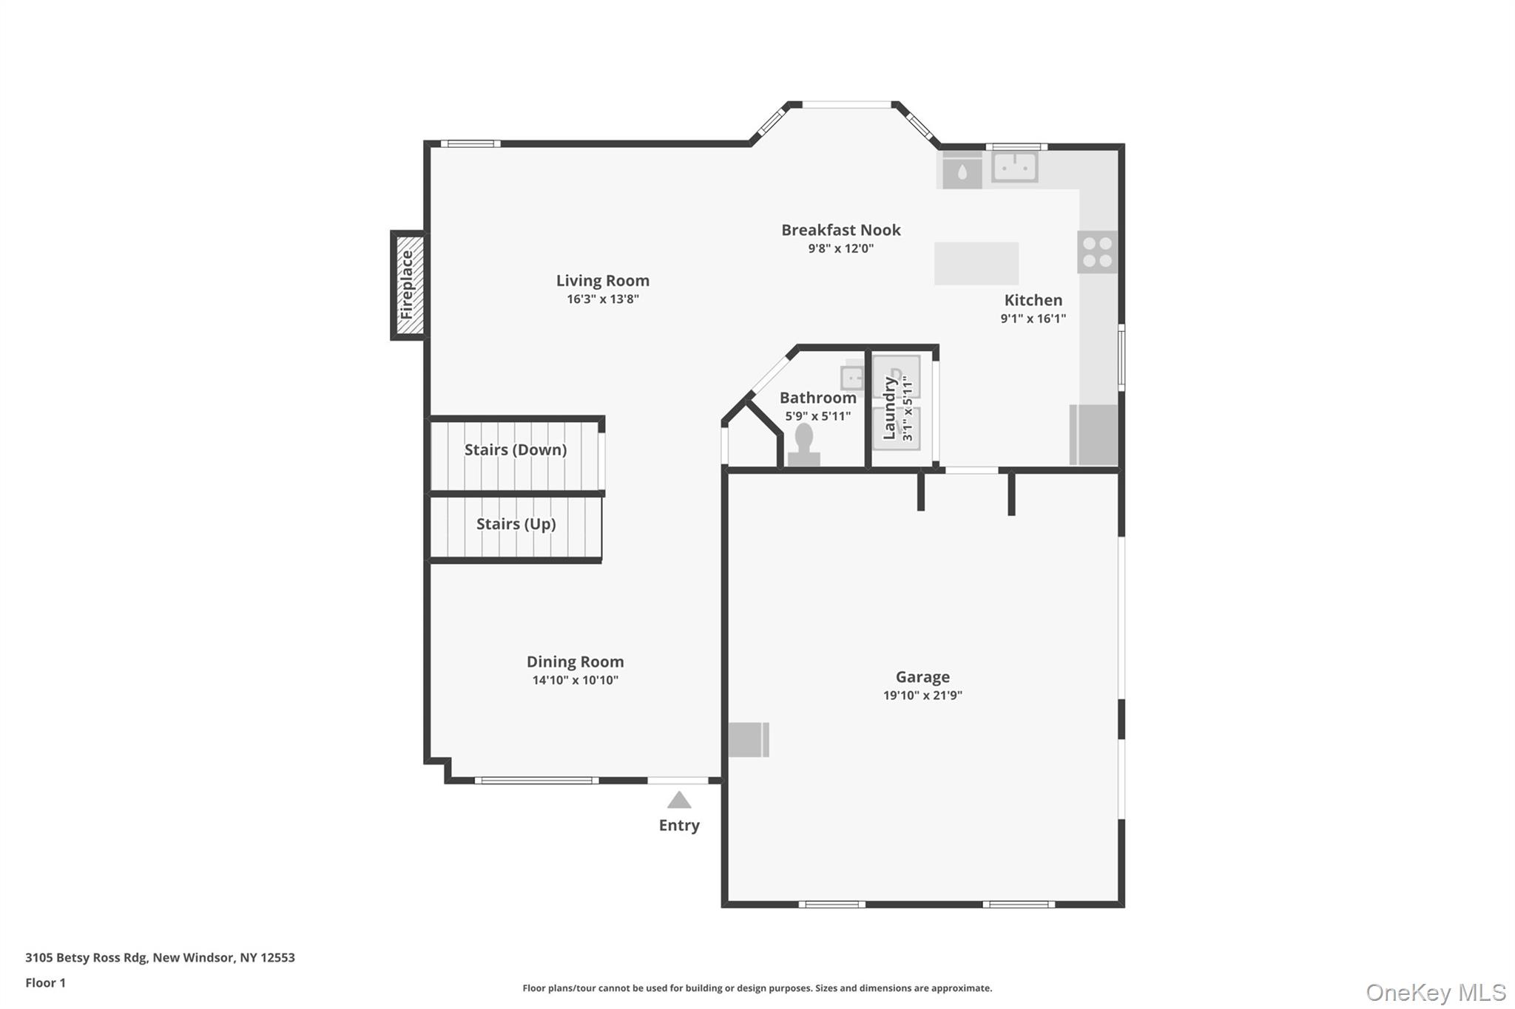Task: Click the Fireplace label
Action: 407,285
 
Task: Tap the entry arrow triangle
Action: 679,800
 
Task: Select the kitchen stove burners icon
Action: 1097,252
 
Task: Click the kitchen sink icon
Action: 1014,167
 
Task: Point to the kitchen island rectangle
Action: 976,263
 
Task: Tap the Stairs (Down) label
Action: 516,449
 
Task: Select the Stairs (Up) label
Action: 516,524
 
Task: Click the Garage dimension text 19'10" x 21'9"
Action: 922,695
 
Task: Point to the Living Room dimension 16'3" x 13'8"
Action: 603,299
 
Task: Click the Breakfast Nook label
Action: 841,230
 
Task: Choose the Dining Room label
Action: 575,662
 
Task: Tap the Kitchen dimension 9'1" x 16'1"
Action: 1033,319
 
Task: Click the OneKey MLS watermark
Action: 1435,992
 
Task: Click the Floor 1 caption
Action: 45,982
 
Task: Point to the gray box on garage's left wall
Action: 749,739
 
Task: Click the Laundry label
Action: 889,408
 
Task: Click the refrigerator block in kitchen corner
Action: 1093,435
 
